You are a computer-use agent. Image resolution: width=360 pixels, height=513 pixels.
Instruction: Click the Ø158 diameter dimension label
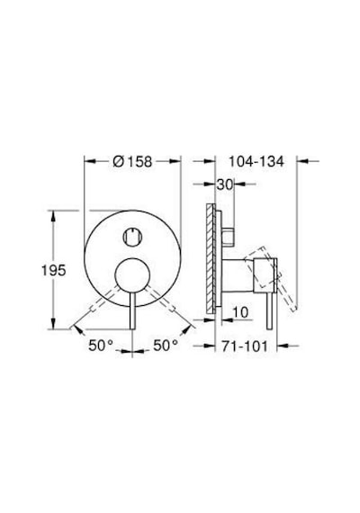[132, 162]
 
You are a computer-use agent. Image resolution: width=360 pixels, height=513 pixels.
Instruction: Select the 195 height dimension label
[54, 270]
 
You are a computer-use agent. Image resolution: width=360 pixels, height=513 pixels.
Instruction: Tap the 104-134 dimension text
[256, 162]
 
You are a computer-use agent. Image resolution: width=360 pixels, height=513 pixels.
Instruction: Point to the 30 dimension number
[224, 184]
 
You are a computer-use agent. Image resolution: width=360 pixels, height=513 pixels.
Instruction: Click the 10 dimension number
[240, 312]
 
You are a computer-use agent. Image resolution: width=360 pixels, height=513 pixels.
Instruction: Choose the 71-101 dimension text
[245, 346]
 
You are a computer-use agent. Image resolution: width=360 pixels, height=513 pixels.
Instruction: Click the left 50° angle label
[101, 346]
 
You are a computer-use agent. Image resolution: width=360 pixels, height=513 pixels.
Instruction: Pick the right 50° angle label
[166, 346]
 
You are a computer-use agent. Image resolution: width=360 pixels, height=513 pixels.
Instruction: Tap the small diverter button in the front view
[132, 237]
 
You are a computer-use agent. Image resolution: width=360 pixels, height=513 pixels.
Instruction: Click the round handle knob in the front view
[132, 274]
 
